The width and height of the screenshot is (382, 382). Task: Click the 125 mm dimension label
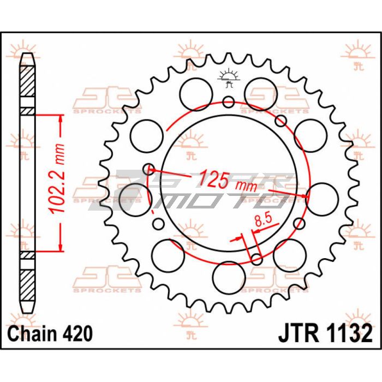coord(228,181)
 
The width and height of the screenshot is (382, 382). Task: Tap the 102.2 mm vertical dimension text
coord(57,179)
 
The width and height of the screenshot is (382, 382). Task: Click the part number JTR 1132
coord(325,333)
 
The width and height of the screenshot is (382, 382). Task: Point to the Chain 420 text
coord(50,333)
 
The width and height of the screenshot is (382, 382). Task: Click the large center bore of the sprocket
coord(229,183)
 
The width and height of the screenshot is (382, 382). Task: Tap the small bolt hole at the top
coord(229,102)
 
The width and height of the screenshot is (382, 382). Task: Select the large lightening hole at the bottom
coord(229,278)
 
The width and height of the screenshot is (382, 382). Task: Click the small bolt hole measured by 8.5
coord(256,259)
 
